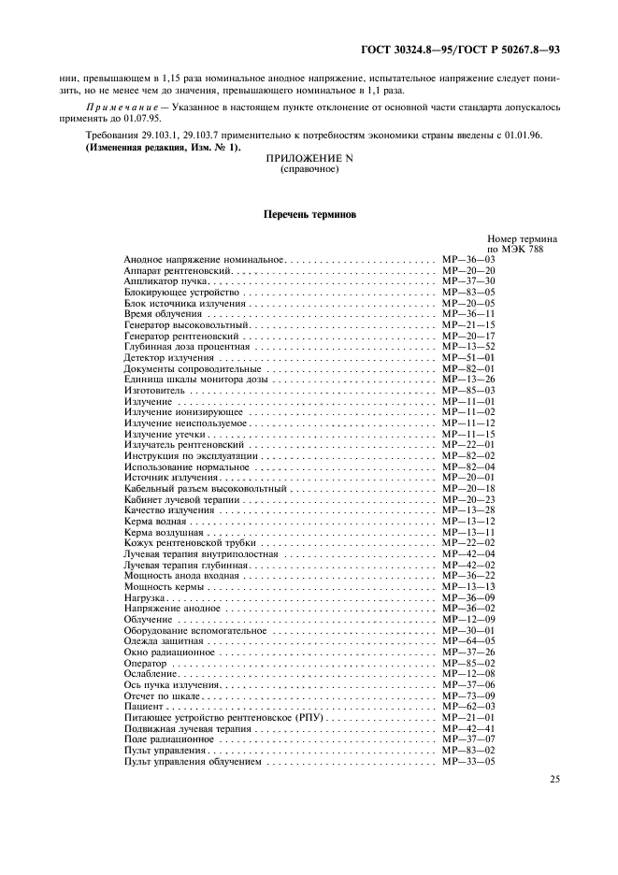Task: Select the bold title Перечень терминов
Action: point(308,214)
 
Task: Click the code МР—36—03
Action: point(468,257)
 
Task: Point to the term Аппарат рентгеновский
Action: point(172,268)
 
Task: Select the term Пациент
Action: point(142,707)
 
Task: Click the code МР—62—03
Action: point(468,707)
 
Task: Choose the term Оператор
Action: point(145,663)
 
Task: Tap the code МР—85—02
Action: point(468,663)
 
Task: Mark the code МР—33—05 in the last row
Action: point(468,762)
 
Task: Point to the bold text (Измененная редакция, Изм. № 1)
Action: point(163,147)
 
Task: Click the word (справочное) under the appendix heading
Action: point(308,170)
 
